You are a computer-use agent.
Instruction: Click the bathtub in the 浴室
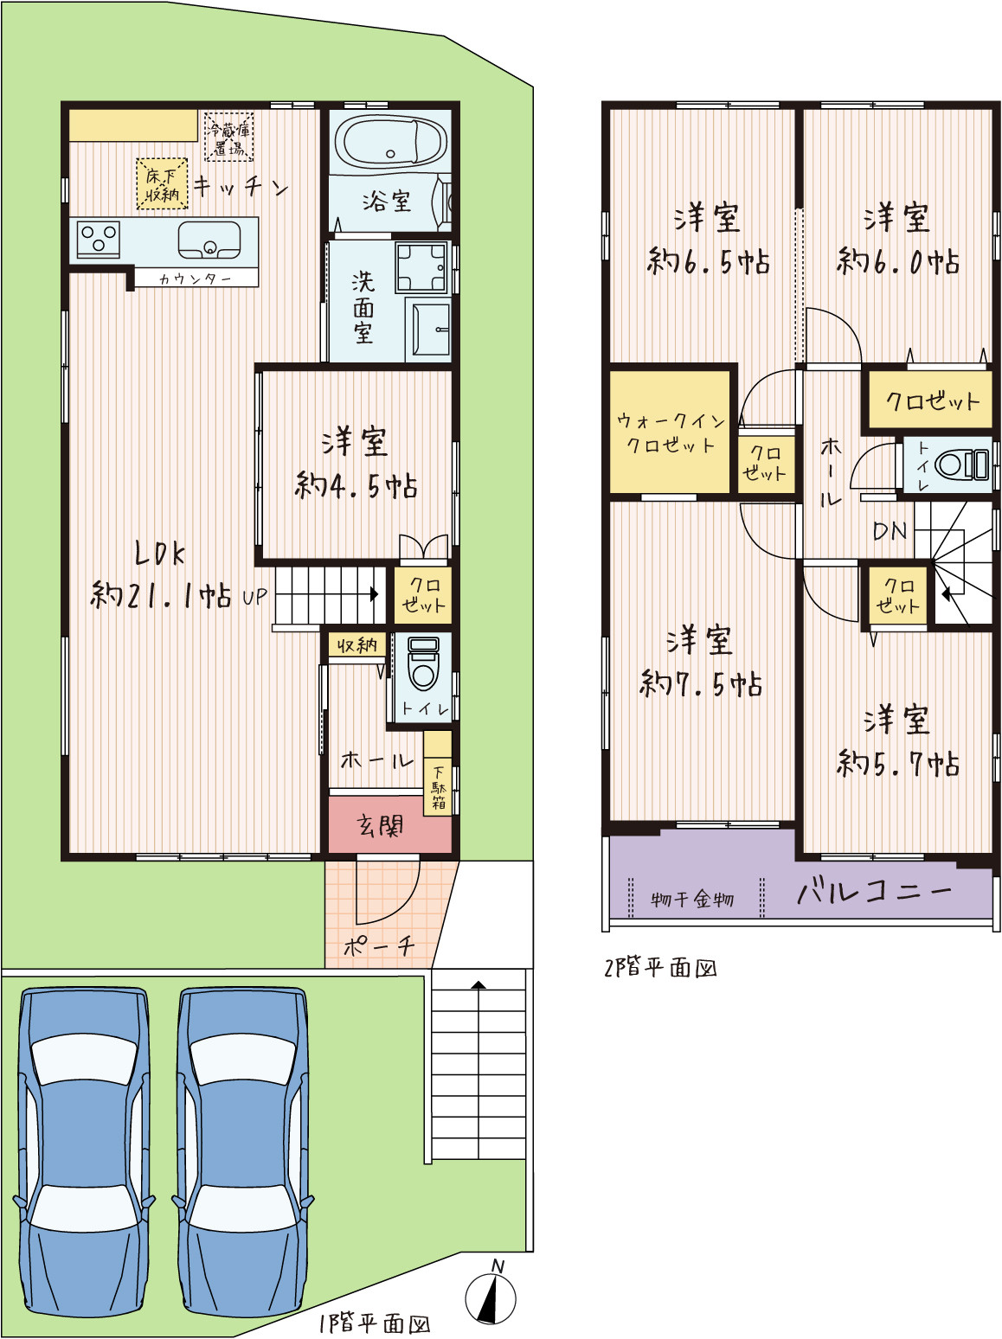click(x=389, y=141)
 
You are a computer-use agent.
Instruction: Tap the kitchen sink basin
click(x=209, y=240)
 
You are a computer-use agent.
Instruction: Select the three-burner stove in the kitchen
click(x=99, y=239)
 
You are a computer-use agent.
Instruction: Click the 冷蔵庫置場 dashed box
click(x=228, y=136)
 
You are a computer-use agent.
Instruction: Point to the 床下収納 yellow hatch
click(x=162, y=184)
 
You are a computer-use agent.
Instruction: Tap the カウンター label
click(x=196, y=279)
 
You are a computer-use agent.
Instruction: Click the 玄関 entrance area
click(x=390, y=825)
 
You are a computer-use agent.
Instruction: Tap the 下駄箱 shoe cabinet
click(x=438, y=773)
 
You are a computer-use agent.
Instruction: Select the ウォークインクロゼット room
click(x=670, y=432)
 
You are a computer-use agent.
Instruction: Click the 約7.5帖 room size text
click(x=701, y=684)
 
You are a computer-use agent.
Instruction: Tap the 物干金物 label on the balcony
click(x=692, y=900)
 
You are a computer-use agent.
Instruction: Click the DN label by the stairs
click(x=890, y=531)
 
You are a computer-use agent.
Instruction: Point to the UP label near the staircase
click(x=254, y=597)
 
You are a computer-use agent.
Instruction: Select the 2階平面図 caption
click(x=660, y=969)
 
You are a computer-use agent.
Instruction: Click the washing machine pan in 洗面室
click(x=421, y=267)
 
